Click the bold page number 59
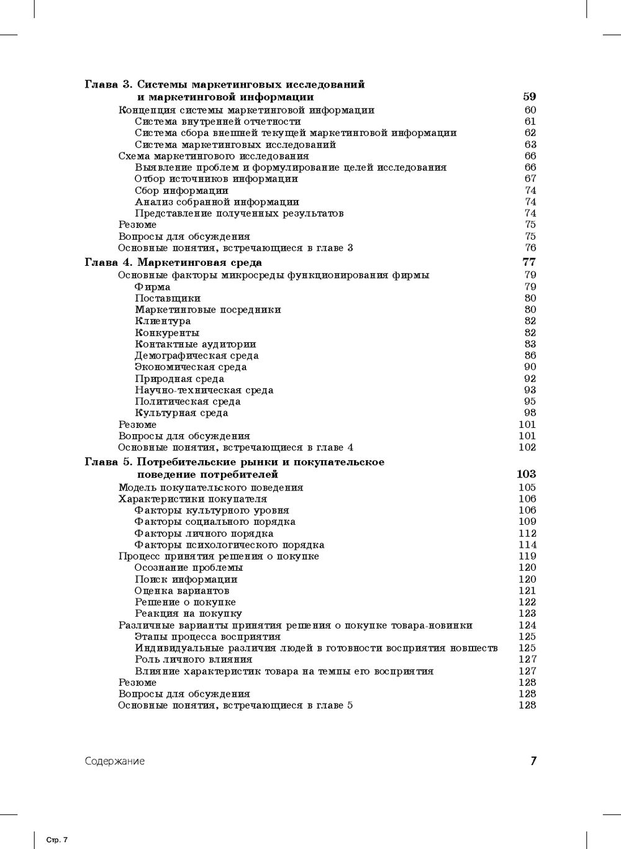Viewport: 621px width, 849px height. tap(529, 96)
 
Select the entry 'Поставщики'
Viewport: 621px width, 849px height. tap(168, 298)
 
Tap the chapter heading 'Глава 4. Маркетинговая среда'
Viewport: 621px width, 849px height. tap(173, 262)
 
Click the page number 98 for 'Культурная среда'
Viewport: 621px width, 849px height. tap(530, 413)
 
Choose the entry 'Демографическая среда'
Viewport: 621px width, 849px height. tap(196, 356)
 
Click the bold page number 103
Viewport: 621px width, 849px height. tap(526, 474)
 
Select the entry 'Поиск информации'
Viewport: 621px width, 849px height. tap(186, 579)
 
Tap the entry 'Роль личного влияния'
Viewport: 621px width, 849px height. tap(193, 660)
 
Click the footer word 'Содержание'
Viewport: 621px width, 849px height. tap(115, 761)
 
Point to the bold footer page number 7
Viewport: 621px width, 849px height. tap(533, 761)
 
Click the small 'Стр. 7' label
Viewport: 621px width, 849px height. tap(57, 840)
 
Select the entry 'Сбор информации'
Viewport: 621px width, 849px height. tap(181, 191)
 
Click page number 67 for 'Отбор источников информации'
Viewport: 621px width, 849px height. tap(530, 179)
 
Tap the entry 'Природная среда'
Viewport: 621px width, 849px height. tap(179, 379)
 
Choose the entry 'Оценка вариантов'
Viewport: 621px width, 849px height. tap(182, 591)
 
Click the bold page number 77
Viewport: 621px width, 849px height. tap(529, 262)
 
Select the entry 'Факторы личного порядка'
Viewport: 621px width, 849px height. tap(204, 533)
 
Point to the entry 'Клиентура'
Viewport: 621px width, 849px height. tap(163, 321)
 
